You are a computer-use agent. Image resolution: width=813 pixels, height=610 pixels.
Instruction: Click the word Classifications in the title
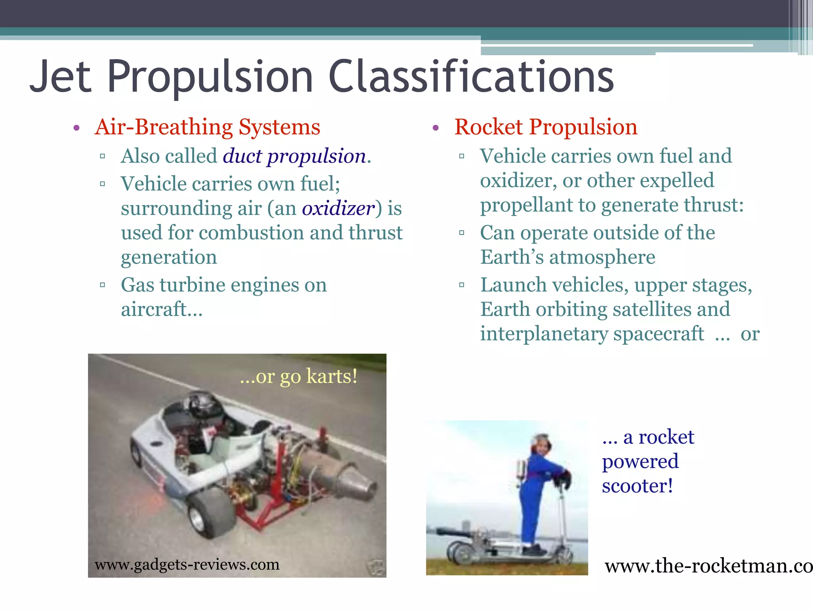click(x=471, y=76)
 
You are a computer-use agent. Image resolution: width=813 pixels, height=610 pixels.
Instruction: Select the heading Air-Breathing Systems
click(x=207, y=127)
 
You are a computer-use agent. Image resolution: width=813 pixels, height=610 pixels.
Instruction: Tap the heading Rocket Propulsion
click(x=546, y=127)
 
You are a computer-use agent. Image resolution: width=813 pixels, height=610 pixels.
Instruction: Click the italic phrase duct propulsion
click(x=294, y=156)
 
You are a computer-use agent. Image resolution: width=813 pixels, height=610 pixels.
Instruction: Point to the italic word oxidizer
click(x=338, y=208)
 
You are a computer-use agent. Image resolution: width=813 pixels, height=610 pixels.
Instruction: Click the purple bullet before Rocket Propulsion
click(x=435, y=128)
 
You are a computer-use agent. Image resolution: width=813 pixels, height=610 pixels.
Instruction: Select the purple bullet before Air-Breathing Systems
click(x=77, y=128)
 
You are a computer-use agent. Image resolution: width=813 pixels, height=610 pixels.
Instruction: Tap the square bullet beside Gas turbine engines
click(x=102, y=285)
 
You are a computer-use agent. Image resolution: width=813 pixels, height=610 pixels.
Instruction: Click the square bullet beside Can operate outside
click(x=461, y=233)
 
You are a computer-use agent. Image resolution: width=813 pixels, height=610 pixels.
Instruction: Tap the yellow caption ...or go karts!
click(x=299, y=376)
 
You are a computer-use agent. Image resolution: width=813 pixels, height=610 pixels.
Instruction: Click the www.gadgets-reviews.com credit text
click(x=187, y=564)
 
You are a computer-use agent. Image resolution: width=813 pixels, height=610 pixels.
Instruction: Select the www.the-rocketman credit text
click(x=708, y=566)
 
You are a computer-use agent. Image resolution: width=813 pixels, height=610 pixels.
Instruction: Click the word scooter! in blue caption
click(x=637, y=486)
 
